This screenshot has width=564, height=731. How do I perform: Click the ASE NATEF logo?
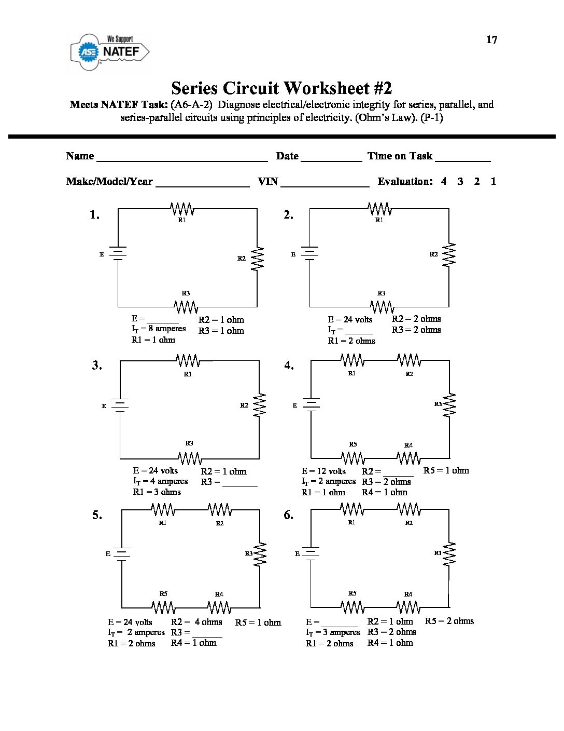coord(110,51)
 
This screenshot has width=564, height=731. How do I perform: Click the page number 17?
coord(491,40)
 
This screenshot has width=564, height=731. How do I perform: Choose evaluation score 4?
coord(444,181)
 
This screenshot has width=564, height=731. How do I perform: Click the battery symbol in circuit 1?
coord(118,254)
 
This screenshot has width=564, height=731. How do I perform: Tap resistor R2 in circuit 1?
coord(257,258)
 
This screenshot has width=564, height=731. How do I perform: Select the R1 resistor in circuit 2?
coord(379,209)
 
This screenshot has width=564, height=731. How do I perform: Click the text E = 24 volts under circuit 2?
coord(350,319)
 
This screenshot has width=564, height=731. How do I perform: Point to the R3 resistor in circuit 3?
coord(190,458)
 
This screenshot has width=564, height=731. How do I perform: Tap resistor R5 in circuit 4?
coord(353,458)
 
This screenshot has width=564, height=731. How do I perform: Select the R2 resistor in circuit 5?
coord(219,510)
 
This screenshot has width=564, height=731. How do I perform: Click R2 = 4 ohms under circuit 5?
coord(196,622)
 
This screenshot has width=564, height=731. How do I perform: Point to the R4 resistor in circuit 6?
coord(408,606)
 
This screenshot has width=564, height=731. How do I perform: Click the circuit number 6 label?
coord(288,515)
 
